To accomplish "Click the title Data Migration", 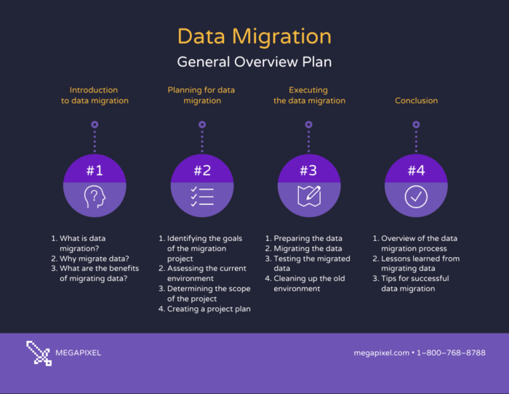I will pyautogui.click(x=254, y=36).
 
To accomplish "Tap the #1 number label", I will pyautogui.click(x=95, y=170).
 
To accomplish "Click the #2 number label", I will pyautogui.click(x=202, y=170).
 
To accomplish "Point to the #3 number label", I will pyautogui.click(x=308, y=170).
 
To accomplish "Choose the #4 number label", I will pyautogui.click(x=416, y=170).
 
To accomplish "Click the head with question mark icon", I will pyautogui.click(x=95, y=197).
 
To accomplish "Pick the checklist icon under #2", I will pyautogui.click(x=202, y=197).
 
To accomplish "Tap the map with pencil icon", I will pyautogui.click(x=308, y=197).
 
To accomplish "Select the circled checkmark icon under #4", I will pyautogui.click(x=416, y=197).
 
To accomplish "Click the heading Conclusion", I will pyautogui.click(x=416, y=101).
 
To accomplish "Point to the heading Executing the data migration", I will pyautogui.click(x=309, y=95).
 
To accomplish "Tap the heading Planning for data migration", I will pyautogui.click(x=201, y=95).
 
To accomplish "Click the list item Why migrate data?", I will pyautogui.click(x=90, y=259).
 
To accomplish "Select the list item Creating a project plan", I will pyautogui.click(x=204, y=309).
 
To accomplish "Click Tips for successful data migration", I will pyautogui.click(x=414, y=283).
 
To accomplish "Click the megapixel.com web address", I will pyautogui.click(x=381, y=353).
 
